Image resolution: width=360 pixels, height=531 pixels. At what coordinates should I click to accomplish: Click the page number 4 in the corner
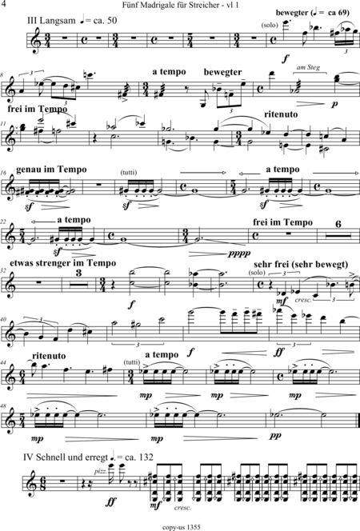(4, 4)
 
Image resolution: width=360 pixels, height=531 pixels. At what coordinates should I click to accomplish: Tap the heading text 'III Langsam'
(51, 21)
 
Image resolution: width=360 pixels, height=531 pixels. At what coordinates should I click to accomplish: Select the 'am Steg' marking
(308, 67)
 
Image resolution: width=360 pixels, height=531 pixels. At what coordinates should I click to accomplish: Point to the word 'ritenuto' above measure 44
(49, 356)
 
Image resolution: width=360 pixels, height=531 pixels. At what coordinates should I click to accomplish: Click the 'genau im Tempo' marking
(51, 170)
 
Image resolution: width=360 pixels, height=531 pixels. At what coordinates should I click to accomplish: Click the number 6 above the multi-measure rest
(338, 224)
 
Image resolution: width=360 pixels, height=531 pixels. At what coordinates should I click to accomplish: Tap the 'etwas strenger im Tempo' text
(63, 263)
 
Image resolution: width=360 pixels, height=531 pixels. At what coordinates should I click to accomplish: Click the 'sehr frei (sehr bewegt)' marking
(301, 265)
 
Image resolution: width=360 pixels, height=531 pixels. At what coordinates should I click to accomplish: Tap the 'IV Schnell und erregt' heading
(66, 457)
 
